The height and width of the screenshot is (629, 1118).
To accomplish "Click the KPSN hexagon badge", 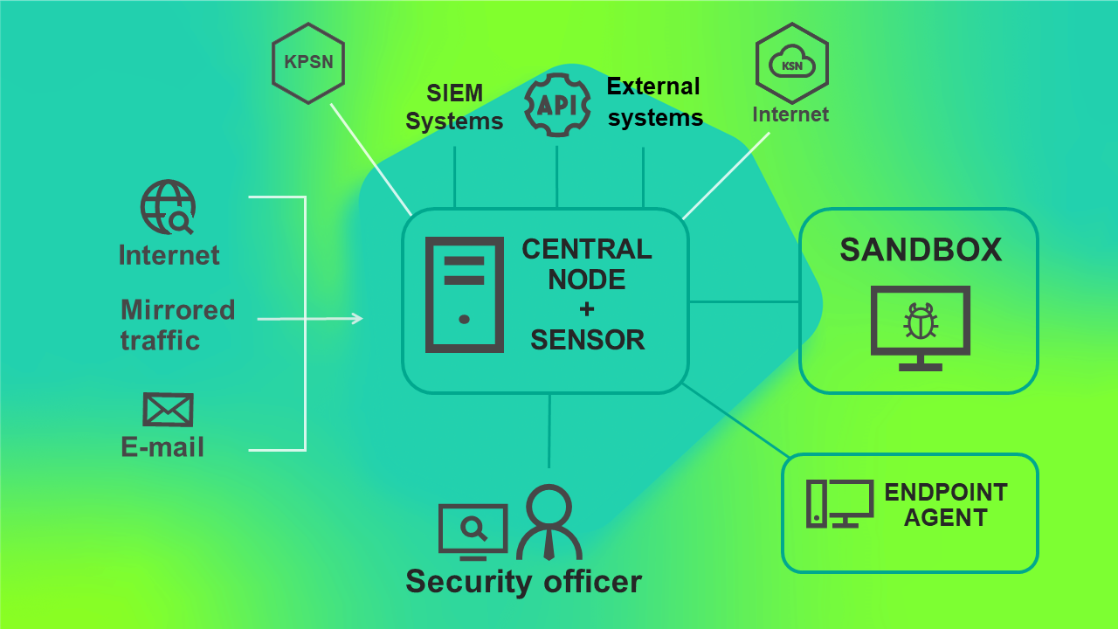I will click(308, 63).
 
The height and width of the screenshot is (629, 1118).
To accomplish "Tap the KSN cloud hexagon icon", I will click(791, 63).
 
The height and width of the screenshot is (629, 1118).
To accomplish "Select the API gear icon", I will click(556, 105).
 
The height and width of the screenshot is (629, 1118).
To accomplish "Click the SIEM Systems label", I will click(454, 107).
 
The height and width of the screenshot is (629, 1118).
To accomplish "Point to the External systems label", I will click(654, 101).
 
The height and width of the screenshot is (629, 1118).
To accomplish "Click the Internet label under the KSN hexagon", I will click(790, 114).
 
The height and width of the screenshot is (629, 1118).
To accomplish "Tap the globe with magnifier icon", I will click(168, 207).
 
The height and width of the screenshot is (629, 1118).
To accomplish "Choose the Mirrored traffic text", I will click(177, 324).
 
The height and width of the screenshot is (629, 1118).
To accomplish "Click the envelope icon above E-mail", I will click(168, 409).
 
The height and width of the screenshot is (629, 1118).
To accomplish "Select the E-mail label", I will click(162, 447).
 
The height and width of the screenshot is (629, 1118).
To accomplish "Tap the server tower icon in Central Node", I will click(464, 294).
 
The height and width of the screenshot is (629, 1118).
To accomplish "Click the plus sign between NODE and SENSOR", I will click(586, 309).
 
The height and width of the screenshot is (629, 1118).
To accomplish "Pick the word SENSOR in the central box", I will click(587, 340).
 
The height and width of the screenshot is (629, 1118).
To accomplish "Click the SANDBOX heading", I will click(920, 250).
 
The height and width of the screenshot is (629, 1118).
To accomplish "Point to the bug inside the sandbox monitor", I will click(920, 321).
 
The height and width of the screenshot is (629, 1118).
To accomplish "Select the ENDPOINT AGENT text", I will click(946, 505).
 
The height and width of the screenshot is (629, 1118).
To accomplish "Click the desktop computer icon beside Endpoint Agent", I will click(838, 504).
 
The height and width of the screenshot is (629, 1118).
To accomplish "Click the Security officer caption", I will click(523, 582).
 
